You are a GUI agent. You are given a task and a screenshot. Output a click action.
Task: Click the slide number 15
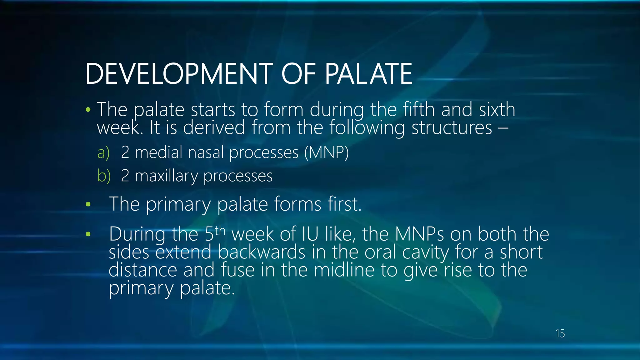[560, 333]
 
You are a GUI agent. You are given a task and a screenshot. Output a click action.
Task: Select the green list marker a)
[103, 153]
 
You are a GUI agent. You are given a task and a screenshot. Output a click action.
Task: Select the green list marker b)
[104, 176]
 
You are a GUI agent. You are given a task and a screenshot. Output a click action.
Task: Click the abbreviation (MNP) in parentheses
[326, 152]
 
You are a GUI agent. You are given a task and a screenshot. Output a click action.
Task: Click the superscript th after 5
[220, 231]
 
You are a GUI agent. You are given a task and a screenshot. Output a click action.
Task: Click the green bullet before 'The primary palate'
[88, 204]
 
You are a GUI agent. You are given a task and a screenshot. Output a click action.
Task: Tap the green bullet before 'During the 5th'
[88, 234]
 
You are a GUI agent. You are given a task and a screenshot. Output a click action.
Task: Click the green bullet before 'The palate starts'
[88, 110]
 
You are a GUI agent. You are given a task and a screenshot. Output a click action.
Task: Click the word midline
[344, 270]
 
